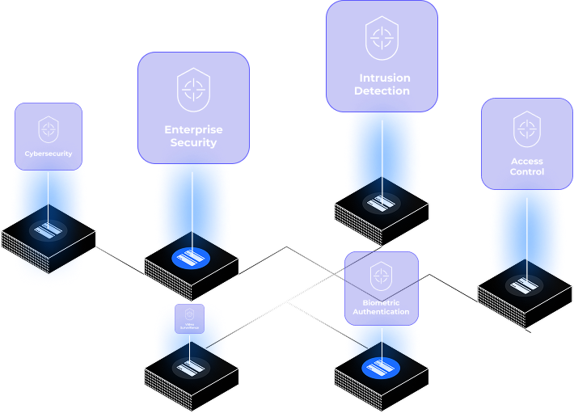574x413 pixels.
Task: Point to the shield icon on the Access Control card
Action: pyautogui.click(x=527, y=129)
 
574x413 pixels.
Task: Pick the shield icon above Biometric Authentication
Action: pyautogui.click(x=381, y=276)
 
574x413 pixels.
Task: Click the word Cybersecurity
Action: pyautogui.click(x=49, y=153)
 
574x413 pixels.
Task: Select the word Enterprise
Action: pyautogui.click(x=193, y=129)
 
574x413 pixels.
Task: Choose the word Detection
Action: pyautogui.click(x=382, y=91)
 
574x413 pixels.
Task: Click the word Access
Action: pyautogui.click(x=527, y=161)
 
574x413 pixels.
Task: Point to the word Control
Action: pyautogui.click(x=527, y=172)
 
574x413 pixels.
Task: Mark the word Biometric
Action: pyautogui.click(x=381, y=301)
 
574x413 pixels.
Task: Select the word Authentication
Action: pyautogui.click(x=381, y=312)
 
